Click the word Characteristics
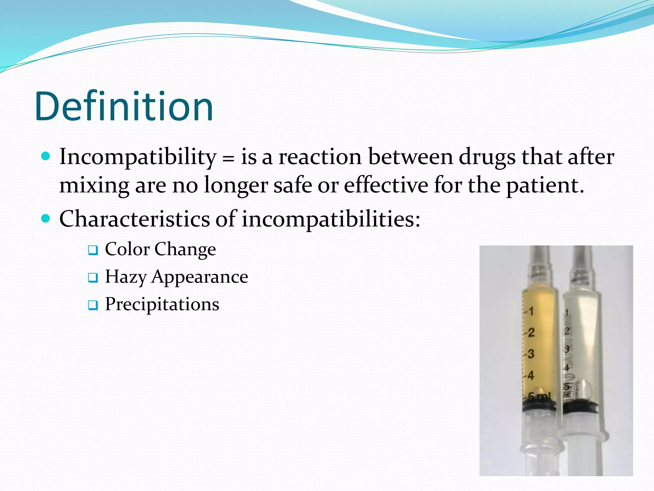point(134,219)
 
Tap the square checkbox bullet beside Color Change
point(93,250)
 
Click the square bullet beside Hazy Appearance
point(93,278)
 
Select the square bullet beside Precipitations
point(93,305)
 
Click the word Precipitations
point(162,304)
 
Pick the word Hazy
point(125,277)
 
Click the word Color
point(127,249)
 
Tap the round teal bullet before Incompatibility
point(46,156)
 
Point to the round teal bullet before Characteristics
point(46,219)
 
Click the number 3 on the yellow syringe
point(531,354)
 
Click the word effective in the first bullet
point(386,185)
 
